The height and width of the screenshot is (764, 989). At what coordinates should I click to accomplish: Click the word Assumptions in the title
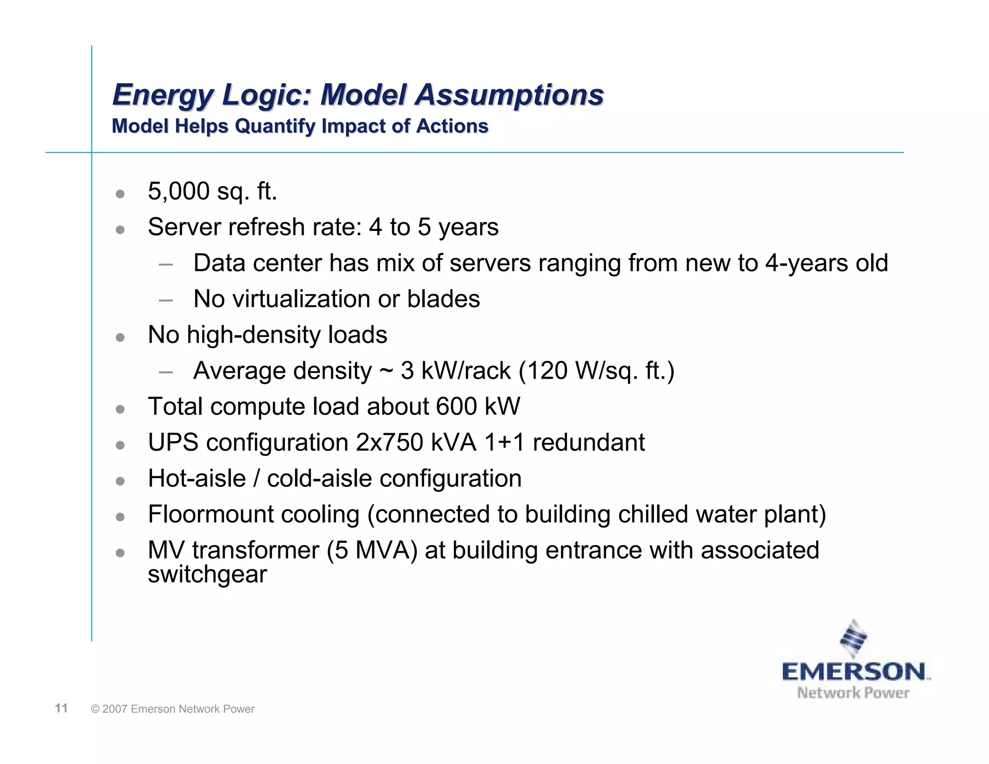509,95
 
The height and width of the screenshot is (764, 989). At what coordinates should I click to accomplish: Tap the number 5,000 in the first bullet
178,191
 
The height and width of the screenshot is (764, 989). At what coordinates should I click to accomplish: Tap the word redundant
588,442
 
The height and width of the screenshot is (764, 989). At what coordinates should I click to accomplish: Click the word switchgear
207,575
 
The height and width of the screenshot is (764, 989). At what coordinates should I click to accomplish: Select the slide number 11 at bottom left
61,708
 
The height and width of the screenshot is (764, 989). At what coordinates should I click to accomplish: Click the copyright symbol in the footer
95,709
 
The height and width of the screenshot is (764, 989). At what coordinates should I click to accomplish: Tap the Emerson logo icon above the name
853,638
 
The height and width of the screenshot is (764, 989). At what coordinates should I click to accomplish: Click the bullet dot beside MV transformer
120,552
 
